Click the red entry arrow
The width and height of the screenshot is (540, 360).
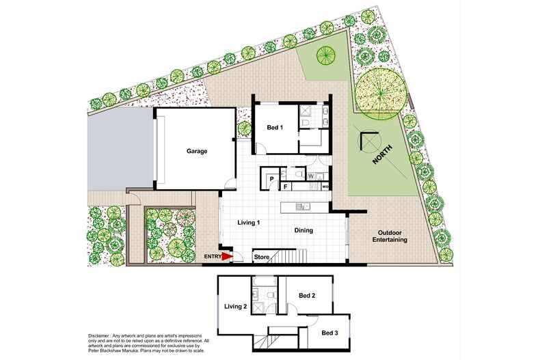pos(227,256)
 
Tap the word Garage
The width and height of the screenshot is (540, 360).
pos(197,151)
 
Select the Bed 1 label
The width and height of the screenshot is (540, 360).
pos(275,127)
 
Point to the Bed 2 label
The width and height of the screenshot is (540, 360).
pos(307,295)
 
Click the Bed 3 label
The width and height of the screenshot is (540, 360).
pos(329,333)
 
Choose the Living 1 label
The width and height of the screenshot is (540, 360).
pos(249,223)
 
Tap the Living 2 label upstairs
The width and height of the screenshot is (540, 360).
pos(236,306)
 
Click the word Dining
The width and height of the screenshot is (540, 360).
pos(303,230)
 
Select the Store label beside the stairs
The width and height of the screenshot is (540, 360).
pos(262,257)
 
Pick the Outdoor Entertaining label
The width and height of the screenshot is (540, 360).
pos(390,236)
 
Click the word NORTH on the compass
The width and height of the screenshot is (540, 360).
pos(382,154)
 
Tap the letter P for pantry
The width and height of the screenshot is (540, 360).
pos(272,179)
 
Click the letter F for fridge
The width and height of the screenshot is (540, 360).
pos(285,187)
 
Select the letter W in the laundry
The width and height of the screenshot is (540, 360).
pos(311,176)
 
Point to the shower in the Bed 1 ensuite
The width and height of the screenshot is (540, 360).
pos(305,111)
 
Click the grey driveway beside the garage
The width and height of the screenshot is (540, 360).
pos(120,148)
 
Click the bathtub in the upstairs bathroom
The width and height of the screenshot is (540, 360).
pos(264,282)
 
